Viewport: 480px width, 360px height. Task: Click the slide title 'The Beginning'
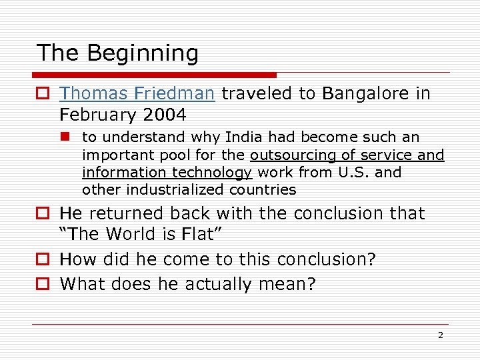(117, 53)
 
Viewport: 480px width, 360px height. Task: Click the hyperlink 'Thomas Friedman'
(137, 94)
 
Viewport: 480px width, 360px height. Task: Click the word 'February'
(97, 115)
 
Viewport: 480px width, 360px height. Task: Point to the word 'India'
(244, 137)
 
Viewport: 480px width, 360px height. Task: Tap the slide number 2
(440, 335)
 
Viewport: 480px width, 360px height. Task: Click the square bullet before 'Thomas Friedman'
(42, 95)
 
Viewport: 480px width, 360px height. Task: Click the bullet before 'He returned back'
(42, 214)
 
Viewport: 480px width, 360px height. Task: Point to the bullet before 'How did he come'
(42, 260)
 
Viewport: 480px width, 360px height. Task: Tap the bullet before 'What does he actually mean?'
(42, 284)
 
